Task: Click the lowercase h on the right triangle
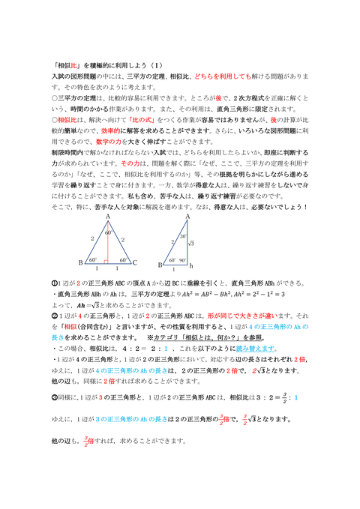(x=191, y=265)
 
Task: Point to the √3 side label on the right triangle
(x=193, y=243)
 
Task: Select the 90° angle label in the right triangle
(x=183, y=260)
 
